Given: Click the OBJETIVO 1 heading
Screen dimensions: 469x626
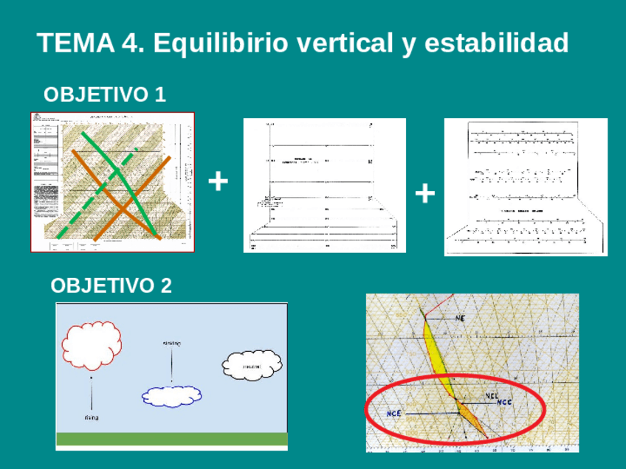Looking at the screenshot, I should click(x=105, y=94).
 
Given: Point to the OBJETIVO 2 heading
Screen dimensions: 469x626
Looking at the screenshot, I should click(x=111, y=285).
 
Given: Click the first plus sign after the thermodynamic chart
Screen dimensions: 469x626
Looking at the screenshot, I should click(x=218, y=181).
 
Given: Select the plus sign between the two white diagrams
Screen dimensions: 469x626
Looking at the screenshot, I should click(x=424, y=193).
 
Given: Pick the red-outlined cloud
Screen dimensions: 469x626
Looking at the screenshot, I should click(x=92, y=345).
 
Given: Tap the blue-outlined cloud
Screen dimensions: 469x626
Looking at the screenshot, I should click(x=172, y=396).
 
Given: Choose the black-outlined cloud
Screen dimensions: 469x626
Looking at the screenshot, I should click(x=252, y=365).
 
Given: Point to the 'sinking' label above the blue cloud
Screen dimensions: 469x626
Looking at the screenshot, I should click(x=172, y=343).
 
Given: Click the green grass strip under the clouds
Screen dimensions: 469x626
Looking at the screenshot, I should click(x=171, y=439).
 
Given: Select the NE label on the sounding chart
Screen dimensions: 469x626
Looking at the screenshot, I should click(x=460, y=318).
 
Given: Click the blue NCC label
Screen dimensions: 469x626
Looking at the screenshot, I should click(x=503, y=402).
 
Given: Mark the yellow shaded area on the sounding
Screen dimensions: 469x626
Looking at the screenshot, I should click(x=436, y=354).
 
